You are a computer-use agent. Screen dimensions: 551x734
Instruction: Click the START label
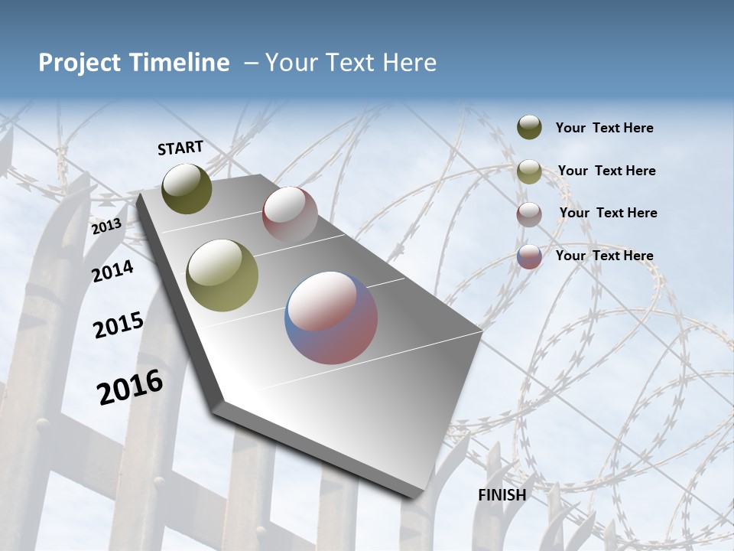pyautogui.click(x=180, y=148)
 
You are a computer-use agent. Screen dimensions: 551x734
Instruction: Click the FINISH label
pyautogui.click(x=502, y=495)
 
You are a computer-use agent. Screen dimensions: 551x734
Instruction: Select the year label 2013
pyautogui.click(x=106, y=227)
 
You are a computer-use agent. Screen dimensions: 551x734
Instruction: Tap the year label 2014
pyautogui.click(x=112, y=271)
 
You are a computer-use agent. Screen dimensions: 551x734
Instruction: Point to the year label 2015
pyautogui.click(x=118, y=325)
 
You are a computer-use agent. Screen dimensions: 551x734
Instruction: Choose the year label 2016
pyautogui.click(x=130, y=386)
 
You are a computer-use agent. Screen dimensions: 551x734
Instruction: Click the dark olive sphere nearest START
pyautogui.click(x=187, y=188)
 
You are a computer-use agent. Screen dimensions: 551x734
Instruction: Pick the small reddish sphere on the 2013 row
pyautogui.click(x=290, y=214)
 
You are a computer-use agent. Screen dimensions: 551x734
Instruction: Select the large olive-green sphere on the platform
pyautogui.click(x=222, y=275)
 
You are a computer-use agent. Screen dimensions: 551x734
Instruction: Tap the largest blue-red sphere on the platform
pyautogui.click(x=331, y=318)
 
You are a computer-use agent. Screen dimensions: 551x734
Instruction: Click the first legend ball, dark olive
pyautogui.click(x=529, y=128)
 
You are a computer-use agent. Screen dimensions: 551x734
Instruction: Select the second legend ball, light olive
pyautogui.click(x=529, y=171)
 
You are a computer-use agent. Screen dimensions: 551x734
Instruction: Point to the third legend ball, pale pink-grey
pyautogui.click(x=529, y=214)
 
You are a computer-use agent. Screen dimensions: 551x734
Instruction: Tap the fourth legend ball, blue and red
pyautogui.click(x=529, y=256)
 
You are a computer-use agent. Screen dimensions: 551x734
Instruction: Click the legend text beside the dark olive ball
pyautogui.click(x=604, y=128)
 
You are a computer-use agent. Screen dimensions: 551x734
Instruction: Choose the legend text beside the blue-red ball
pyautogui.click(x=604, y=256)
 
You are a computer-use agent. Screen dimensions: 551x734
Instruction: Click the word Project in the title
pyautogui.click(x=80, y=63)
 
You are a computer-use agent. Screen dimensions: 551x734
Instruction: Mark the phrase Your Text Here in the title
pyautogui.click(x=351, y=63)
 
